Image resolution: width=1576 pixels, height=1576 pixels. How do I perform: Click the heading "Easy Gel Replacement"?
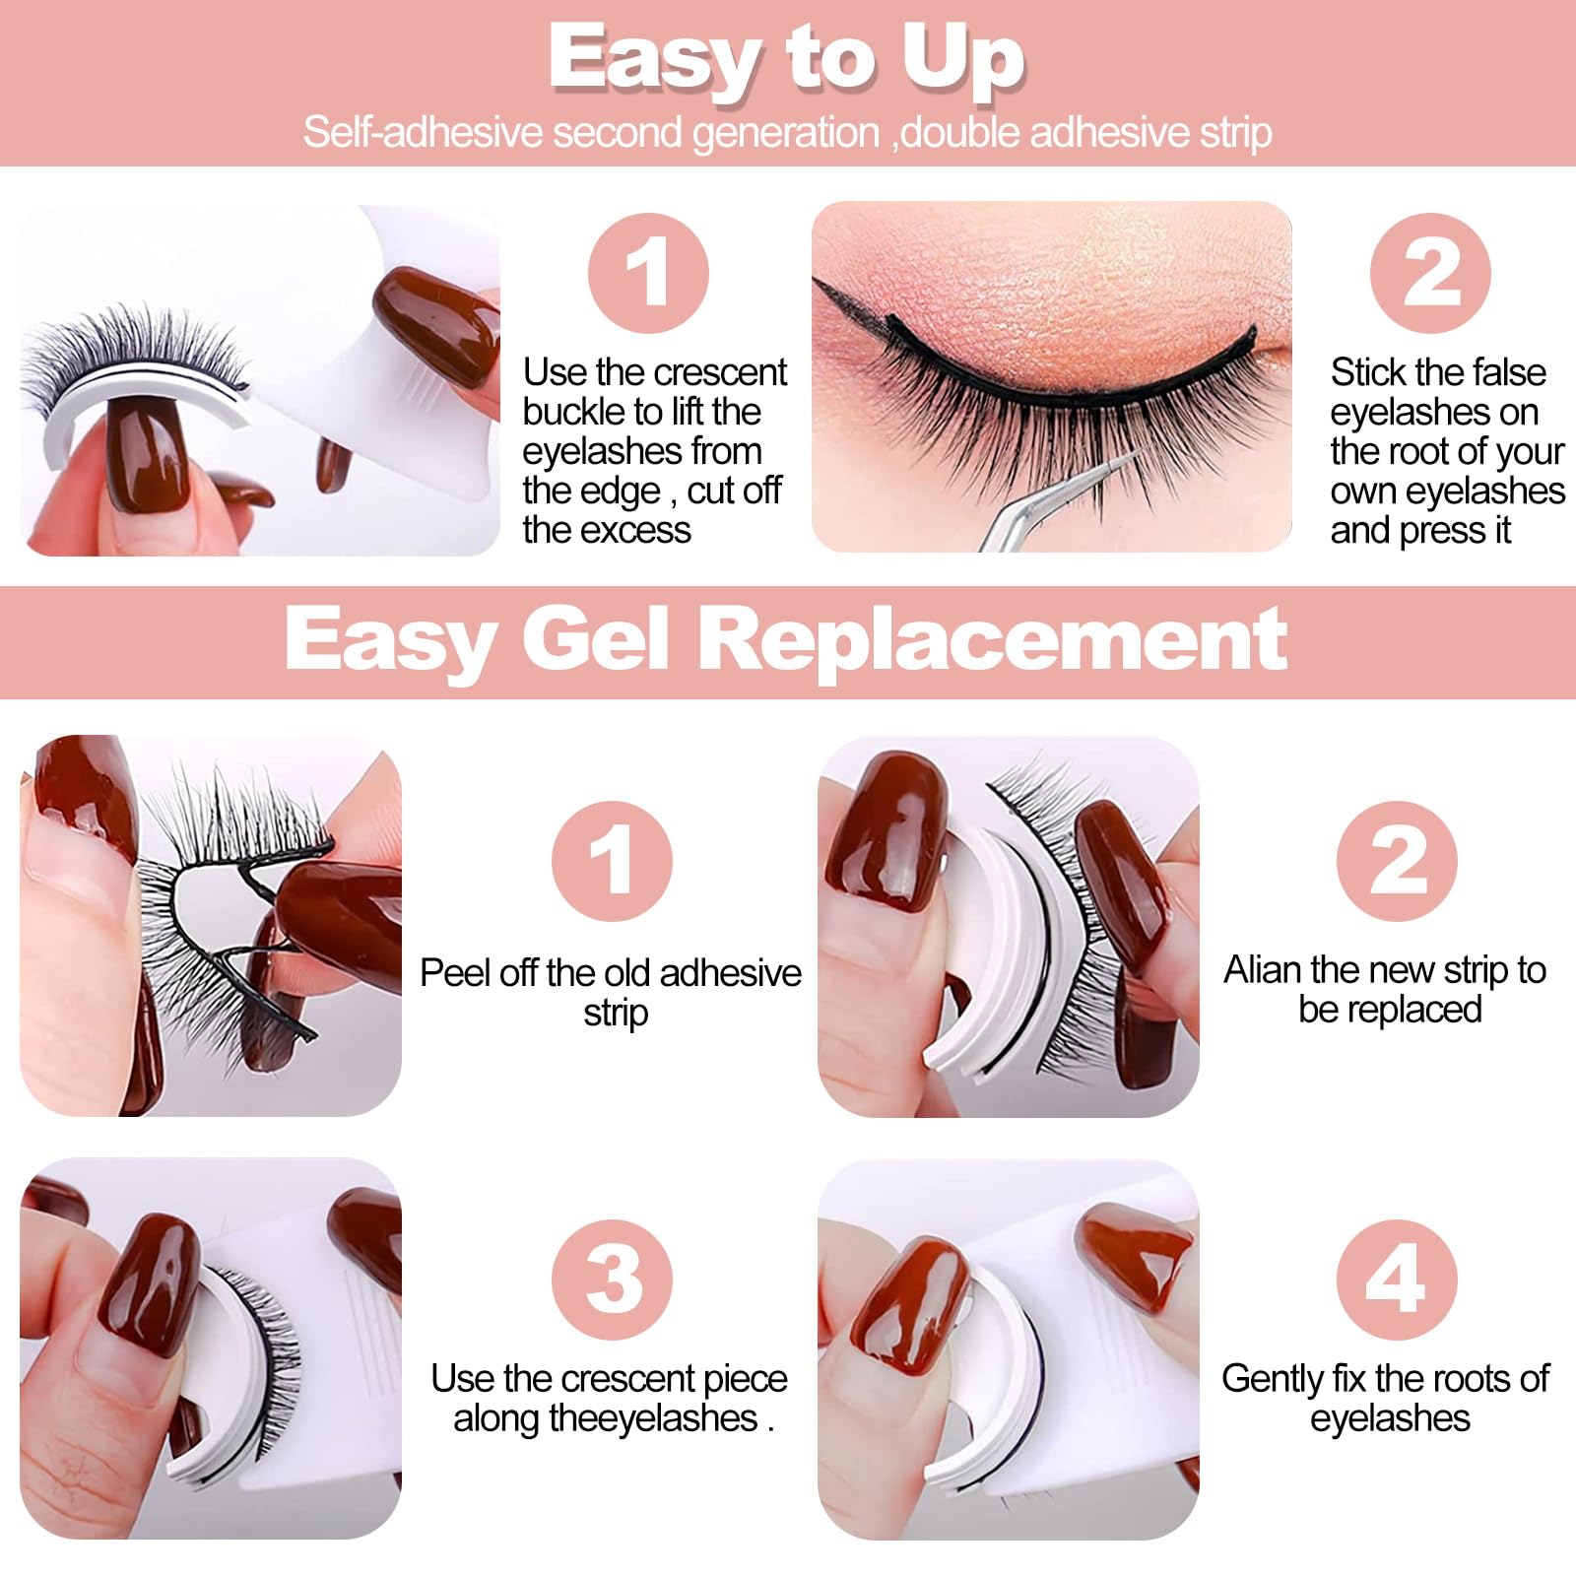[786, 640]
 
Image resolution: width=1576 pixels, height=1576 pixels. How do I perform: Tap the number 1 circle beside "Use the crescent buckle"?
[648, 273]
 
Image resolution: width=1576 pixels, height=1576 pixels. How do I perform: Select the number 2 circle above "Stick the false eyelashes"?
[1430, 273]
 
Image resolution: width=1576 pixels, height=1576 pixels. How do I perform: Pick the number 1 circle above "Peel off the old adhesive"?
[612, 861]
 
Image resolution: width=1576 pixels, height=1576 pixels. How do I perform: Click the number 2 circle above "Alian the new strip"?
[1397, 861]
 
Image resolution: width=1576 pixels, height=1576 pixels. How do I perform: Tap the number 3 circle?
[612, 1279]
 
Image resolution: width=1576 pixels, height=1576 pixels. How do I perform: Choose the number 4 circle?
[1397, 1279]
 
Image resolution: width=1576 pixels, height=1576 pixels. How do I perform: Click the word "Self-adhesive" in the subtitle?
[423, 132]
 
